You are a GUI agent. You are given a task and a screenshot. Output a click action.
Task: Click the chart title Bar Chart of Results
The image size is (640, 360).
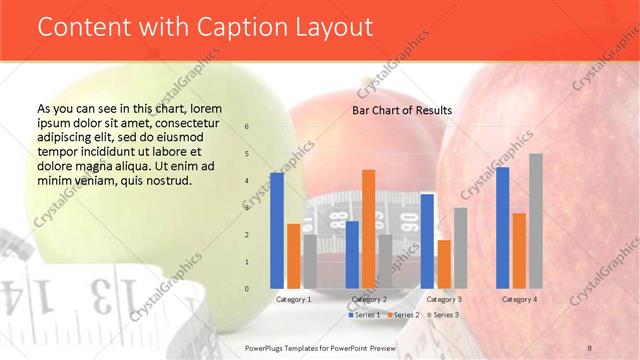(x=401, y=110)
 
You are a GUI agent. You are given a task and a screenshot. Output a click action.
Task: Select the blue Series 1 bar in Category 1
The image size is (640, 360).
(x=277, y=230)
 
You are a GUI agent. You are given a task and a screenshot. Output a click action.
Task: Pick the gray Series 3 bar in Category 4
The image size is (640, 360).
(x=536, y=221)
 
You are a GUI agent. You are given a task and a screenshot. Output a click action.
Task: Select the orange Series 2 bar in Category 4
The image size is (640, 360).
(x=519, y=250)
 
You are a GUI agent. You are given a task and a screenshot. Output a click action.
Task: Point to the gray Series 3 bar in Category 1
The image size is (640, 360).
(x=310, y=261)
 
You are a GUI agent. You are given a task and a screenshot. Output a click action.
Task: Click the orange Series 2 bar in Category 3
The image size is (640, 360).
(x=444, y=264)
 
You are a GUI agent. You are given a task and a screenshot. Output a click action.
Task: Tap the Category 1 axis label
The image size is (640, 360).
(x=293, y=299)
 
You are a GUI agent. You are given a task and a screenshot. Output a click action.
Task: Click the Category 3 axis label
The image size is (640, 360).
(x=444, y=299)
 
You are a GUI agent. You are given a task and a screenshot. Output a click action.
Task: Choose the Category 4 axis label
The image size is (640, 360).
(x=519, y=299)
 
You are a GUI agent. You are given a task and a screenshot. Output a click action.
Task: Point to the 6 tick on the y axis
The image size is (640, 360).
(x=247, y=127)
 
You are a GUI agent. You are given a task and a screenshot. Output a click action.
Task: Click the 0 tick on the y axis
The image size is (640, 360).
(x=247, y=289)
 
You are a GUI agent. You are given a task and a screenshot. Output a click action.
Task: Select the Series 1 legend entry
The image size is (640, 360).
(x=363, y=315)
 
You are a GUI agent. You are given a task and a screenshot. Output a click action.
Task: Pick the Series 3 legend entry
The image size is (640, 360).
(x=443, y=315)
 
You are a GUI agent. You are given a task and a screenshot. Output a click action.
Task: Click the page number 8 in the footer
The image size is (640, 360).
(x=590, y=347)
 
